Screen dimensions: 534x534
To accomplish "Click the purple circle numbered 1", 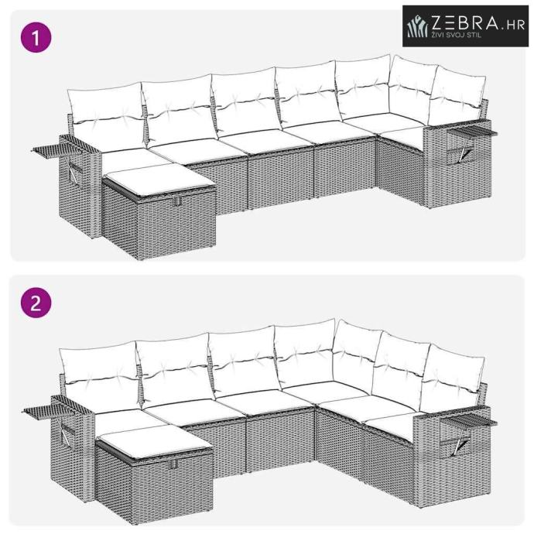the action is tap(36, 37).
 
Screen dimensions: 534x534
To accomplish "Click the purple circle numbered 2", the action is tap(36, 303).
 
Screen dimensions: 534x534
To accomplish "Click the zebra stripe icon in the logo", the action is tap(418, 26).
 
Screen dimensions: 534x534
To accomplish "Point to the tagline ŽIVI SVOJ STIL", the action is tap(457, 34).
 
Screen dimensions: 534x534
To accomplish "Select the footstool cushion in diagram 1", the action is tap(159, 179).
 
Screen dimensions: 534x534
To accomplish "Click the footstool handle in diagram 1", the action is tap(176, 201).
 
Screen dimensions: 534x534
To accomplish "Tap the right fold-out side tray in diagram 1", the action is tap(472, 133).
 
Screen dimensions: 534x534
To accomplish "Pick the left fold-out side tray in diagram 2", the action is tap(48, 409).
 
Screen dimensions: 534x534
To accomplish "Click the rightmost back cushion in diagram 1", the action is tap(457, 96).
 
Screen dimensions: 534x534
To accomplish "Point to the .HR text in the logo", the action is tap(513, 25).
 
